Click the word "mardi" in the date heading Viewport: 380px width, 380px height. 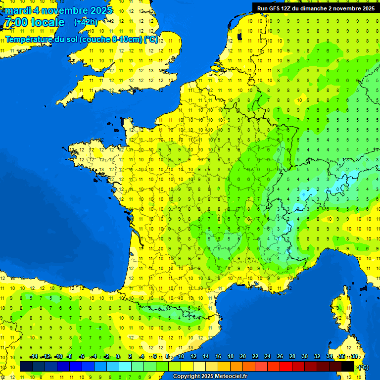18,10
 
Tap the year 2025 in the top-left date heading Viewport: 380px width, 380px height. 100,10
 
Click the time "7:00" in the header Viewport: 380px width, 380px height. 15,22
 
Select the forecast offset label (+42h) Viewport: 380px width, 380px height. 86,22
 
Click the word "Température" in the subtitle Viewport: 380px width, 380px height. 30,40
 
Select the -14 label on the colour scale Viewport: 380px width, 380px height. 34,357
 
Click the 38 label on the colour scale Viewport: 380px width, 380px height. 354,357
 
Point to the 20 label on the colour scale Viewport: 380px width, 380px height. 242,357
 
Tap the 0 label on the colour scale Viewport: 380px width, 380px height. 118,357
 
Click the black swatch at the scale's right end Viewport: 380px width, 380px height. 348,366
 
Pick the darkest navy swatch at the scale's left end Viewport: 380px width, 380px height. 26,366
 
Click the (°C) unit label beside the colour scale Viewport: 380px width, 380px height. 363,367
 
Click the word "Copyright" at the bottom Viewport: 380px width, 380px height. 185,377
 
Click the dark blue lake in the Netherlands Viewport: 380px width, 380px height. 240,36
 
